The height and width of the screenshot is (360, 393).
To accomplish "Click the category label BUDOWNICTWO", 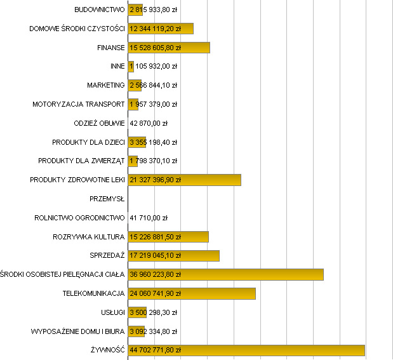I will click(99, 10).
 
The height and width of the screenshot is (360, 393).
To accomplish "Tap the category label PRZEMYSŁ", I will click(107, 199).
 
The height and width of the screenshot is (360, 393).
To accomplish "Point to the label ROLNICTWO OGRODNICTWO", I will click(80, 218).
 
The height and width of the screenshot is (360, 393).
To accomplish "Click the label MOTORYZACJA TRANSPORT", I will click(79, 104).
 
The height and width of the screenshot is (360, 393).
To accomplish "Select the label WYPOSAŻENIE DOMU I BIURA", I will click(78, 331).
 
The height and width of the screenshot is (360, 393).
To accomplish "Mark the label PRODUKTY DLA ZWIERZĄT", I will click(81, 161).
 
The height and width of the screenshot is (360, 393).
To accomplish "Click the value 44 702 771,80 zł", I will click(156, 350).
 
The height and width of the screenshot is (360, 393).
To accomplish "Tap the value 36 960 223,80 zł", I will click(156, 274).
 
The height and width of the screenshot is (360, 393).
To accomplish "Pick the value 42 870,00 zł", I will click(149, 123).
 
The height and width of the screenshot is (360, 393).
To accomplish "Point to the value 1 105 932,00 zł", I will click(153, 66).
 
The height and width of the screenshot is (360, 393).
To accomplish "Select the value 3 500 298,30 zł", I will click(153, 312).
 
